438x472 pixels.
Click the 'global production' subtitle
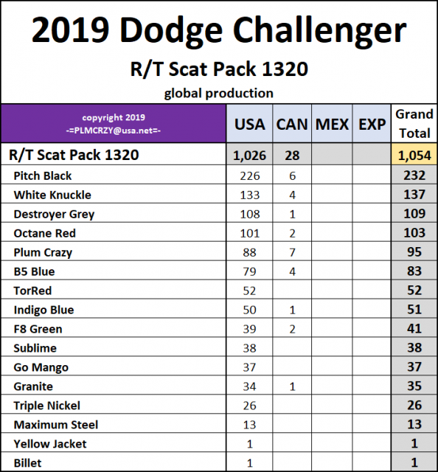(219, 93)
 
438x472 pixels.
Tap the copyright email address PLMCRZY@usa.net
(114, 130)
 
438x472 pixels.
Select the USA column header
(249, 124)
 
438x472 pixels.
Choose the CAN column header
(292, 124)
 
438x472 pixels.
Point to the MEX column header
(332, 124)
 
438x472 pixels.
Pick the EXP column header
(372, 124)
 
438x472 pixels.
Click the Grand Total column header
(414, 123)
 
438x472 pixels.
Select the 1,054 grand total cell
(414, 156)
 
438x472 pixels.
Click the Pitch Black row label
(43, 176)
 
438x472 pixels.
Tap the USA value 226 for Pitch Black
(250, 176)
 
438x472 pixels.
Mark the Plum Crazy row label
(43, 252)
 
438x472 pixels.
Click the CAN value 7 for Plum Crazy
(293, 252)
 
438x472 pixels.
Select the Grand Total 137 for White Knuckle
(414, 195)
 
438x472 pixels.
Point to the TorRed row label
(32, 291)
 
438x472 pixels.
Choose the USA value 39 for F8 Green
(250, 329)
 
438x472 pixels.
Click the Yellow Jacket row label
(49, 444)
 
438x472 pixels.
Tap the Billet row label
(27, 463)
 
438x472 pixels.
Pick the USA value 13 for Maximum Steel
(250, 425)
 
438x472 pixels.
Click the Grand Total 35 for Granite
(414, 386)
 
